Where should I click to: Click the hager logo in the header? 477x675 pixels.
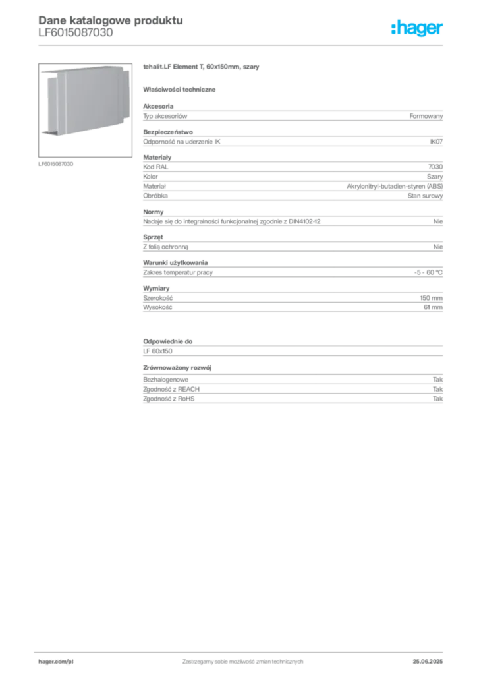417,28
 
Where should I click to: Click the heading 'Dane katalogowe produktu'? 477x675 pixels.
111,20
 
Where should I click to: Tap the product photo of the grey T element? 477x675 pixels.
85,110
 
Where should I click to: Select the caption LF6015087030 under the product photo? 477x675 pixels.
56,164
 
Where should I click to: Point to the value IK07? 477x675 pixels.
436,142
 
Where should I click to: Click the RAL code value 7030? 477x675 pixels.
435,167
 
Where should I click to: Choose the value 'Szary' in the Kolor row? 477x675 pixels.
435,177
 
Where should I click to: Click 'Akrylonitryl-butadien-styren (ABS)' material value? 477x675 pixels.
395,186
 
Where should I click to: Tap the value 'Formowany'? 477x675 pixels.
426,116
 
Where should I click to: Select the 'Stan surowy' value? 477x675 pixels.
425,196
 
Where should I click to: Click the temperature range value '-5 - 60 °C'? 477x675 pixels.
428,272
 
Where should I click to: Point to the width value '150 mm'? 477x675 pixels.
431,298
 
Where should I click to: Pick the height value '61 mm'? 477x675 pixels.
433,307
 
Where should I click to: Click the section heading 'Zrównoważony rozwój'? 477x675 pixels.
177,368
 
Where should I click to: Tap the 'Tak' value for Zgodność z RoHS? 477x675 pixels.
438,399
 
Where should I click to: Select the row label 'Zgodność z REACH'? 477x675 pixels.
171,389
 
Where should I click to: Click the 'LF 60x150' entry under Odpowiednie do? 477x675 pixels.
157,351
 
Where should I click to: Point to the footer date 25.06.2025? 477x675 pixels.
428,662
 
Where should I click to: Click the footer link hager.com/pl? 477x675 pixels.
56,662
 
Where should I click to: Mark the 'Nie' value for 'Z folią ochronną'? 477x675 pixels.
438,247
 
